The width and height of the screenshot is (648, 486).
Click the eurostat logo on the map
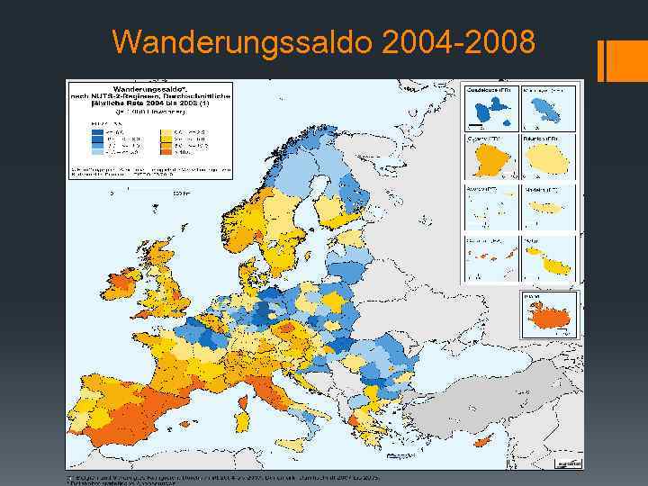[x=564, y=461]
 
